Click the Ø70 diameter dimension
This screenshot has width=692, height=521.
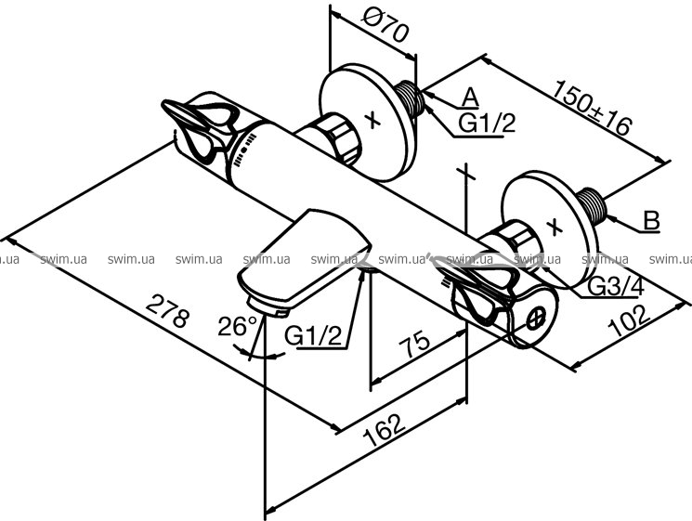point(385,26)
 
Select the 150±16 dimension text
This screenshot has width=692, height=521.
point(593,107)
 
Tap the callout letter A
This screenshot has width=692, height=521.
point(470,98)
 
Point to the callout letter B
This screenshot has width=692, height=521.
point(651,220)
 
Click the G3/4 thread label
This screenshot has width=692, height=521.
point(616,288)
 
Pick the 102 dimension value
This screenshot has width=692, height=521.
point(630,320)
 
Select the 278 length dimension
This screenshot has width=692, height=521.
point(168,311)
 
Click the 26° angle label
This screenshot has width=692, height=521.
point(237,327)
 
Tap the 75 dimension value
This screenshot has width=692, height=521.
point(414,344)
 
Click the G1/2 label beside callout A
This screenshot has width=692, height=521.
point(487,123)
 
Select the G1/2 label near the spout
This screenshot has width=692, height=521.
point(313,336)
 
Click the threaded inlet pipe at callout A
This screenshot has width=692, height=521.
point(410,98)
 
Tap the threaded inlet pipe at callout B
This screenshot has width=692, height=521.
point(593,204)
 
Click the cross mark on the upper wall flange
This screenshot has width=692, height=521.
point(373,120)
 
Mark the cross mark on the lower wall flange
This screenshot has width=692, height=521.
point(555,227)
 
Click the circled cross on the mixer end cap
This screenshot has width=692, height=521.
point(537,318)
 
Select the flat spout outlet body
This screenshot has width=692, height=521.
point(305,263)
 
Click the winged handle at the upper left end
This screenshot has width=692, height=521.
point(200,128)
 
